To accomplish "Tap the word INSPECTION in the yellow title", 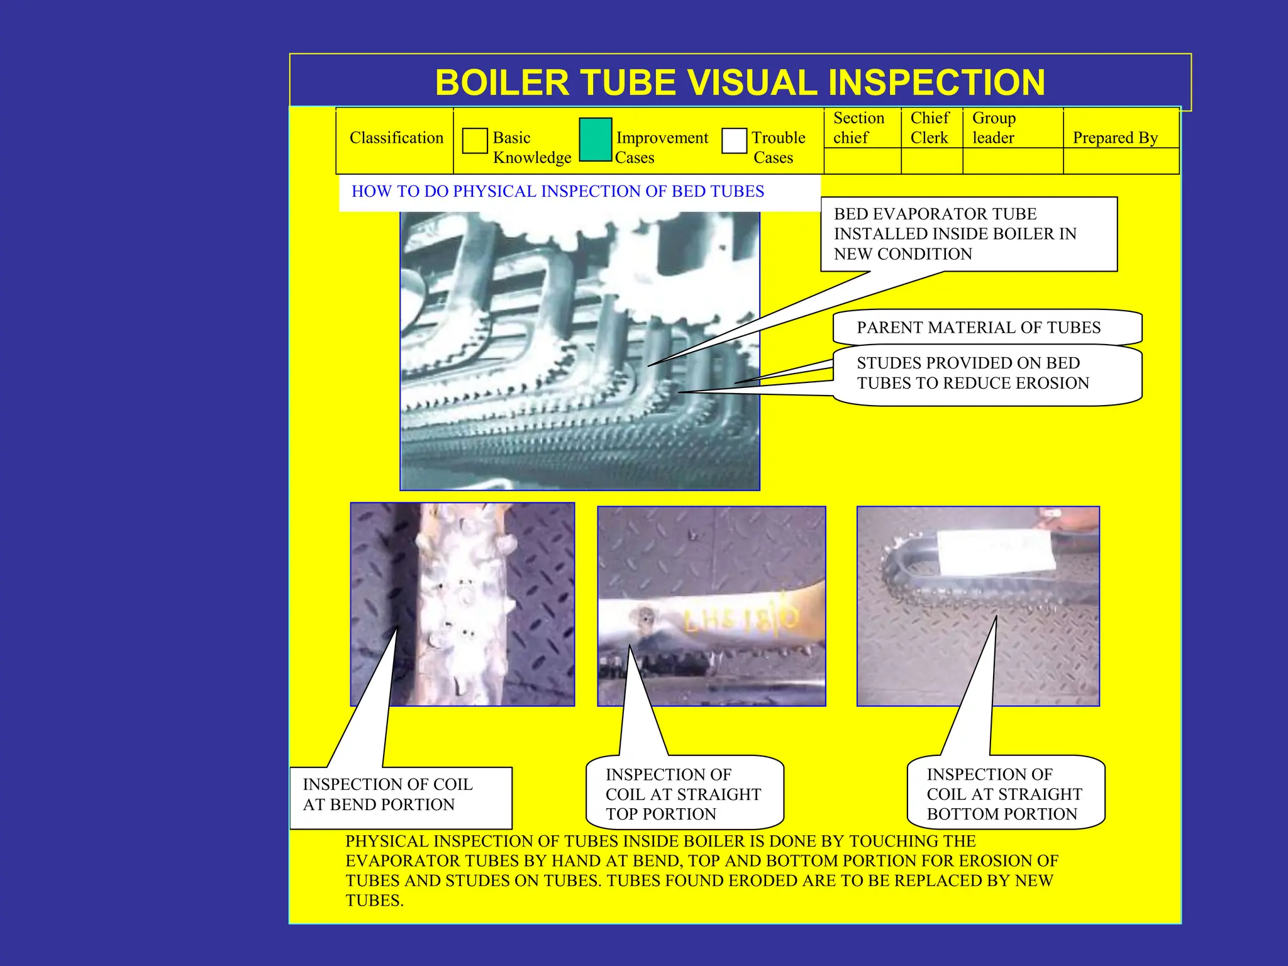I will [936, 83].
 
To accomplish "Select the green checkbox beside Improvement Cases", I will [595, 140].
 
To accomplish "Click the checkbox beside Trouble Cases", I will [734, 141].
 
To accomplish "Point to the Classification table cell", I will [396, 138].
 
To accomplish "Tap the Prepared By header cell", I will [1115, 138].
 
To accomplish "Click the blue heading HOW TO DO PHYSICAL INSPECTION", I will [557, 192].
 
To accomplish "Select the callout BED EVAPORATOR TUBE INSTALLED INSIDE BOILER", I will [955, 234].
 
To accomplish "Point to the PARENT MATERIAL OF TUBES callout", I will [979, 328].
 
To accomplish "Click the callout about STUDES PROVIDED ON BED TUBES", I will [972, 374].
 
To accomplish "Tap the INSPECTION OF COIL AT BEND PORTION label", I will [388, 795].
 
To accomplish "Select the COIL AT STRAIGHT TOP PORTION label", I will [684, 794].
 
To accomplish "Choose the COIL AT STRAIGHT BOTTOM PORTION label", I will [1004, 794].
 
